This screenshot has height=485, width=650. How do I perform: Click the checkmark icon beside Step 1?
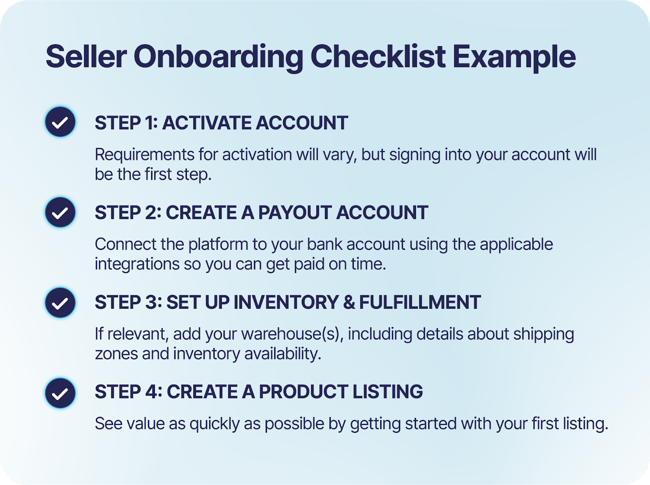click(60, 122)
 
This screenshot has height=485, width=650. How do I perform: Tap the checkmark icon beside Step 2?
click(60, 212)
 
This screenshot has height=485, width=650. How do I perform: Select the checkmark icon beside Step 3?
click(60, 303)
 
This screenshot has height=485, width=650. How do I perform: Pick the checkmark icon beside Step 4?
click(60, 393)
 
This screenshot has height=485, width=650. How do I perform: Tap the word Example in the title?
click(514, 57)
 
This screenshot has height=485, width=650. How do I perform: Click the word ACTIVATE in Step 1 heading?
click(206, 123)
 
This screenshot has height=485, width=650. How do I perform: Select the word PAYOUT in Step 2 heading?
click(295, 212)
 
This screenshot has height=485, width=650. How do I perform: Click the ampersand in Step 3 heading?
click(349, 302)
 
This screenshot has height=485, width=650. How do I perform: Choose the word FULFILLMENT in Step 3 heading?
click(420, 302)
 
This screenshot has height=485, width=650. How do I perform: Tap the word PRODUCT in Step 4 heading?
click(303, 392)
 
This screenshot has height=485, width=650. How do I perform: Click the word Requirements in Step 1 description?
click(145, 155)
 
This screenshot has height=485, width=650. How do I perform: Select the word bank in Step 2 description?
click(325, 244)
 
